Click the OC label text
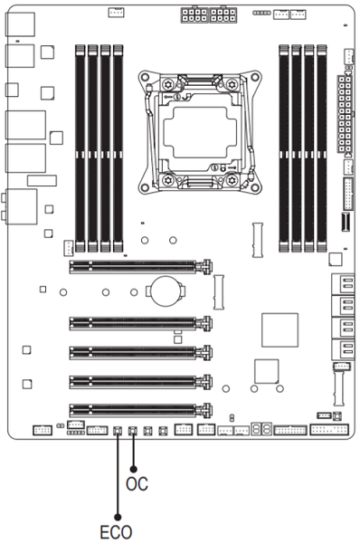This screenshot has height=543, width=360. (137, 484)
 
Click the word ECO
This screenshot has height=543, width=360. (116, 532)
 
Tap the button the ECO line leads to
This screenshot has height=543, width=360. (118, 431)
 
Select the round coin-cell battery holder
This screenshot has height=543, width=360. (166, 291)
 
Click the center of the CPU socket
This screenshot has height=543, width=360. (200, 132)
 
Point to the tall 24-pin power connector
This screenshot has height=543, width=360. (346, 114)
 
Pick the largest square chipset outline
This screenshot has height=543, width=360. (279, 330)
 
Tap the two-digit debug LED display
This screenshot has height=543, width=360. (261, 429)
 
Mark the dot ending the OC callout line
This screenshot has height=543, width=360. (133, 469)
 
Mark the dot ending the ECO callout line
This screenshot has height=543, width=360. (118, 517)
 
